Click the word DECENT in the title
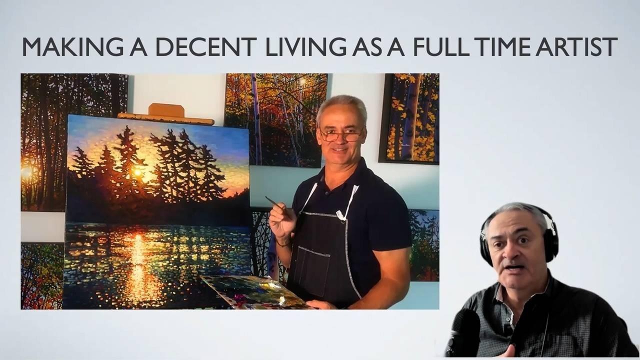[205, 46]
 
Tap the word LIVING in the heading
[305, 46]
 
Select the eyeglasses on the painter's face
[341, 135]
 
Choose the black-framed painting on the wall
[409, 118]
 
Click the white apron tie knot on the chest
[341, 215]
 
